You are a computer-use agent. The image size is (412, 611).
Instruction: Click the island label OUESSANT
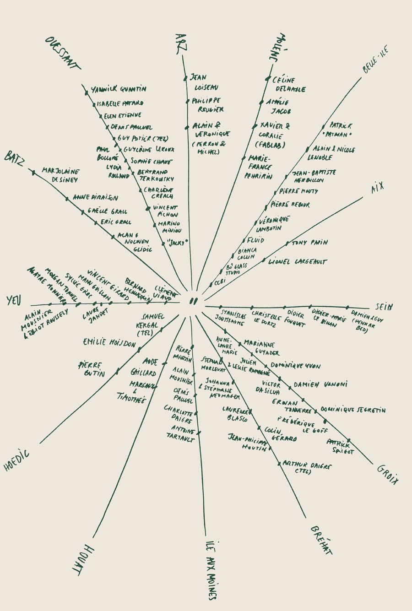[63, 53]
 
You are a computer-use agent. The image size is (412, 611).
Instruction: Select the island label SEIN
[384, 307]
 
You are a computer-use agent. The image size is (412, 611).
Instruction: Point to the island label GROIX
[388, 474]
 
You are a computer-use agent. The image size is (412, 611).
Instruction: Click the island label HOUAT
[84, 559]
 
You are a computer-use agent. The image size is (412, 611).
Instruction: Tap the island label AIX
[378, 188]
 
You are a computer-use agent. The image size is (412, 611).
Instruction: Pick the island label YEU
[15, 301]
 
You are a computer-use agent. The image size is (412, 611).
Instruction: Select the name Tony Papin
[309, 243]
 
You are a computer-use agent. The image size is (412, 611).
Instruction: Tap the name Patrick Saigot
[340, 447]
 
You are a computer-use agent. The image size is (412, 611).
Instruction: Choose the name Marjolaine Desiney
[60, 175]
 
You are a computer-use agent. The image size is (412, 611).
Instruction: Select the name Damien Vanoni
[320, 384]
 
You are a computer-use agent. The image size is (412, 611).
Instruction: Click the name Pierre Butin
[92, 369]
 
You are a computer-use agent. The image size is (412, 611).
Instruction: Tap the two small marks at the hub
[193, 301]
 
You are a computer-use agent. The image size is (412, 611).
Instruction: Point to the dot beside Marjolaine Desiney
[33, 173]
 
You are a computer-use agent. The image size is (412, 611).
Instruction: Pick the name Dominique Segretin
[352, 410]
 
